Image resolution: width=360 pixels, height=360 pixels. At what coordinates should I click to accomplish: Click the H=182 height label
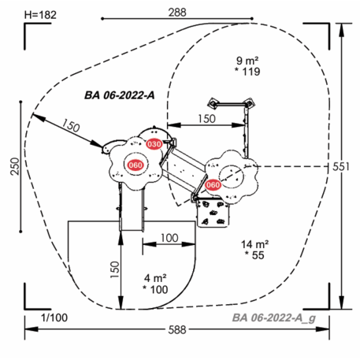(40, 15)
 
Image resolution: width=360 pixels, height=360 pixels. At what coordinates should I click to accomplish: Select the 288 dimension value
(177, 13)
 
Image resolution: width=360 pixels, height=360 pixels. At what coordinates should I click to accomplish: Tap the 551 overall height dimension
(341, 167)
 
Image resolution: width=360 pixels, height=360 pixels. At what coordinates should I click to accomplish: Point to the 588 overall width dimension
(177, 329)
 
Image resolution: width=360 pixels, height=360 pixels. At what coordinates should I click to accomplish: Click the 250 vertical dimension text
(16, 166)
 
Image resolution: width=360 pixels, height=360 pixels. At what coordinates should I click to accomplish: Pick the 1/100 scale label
(54, 317)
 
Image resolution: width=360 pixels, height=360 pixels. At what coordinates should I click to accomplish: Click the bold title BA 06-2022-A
(120, 95)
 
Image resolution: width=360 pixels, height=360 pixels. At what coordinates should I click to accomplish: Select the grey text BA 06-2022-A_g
(274, 318)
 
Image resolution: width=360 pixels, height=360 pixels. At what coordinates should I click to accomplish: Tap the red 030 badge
(154, 144)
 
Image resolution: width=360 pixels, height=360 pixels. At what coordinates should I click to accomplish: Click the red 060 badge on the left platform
(135, 165)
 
